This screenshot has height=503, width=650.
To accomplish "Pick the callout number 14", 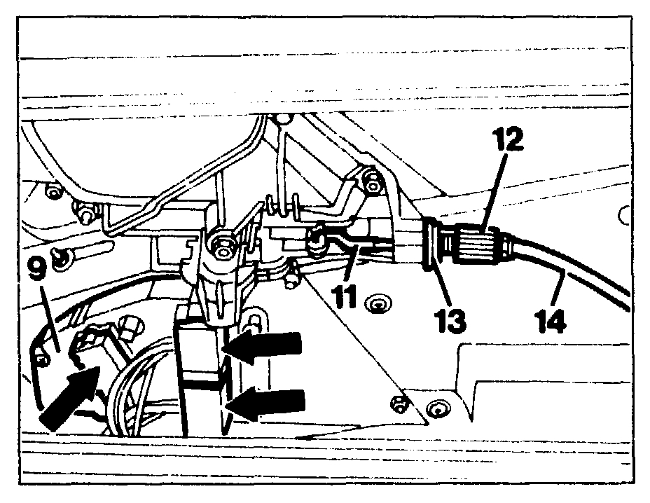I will pos(548,319).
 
